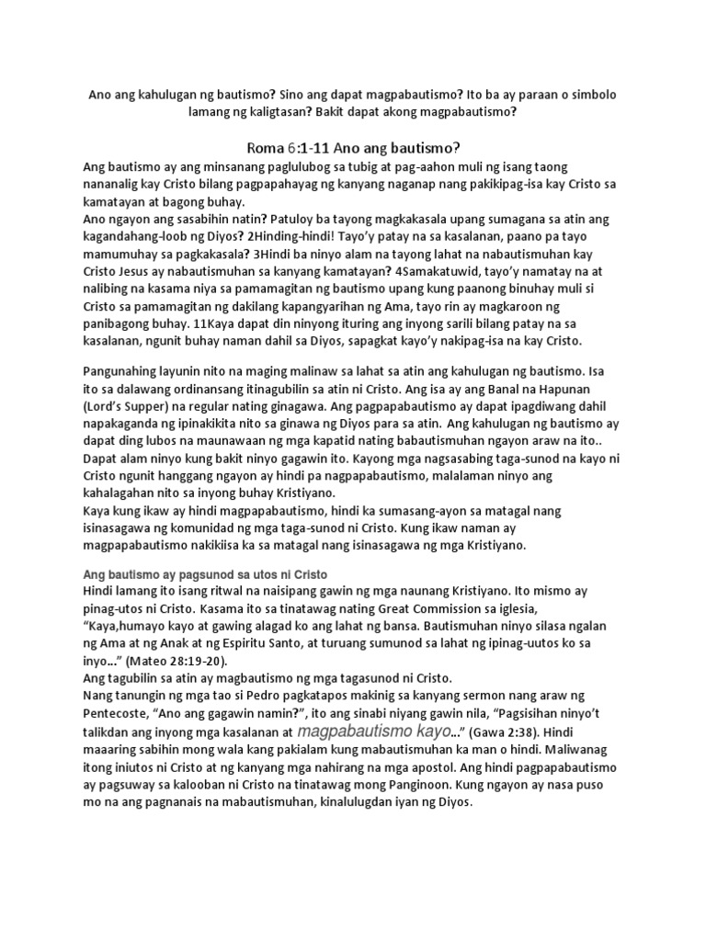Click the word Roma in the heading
267,148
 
